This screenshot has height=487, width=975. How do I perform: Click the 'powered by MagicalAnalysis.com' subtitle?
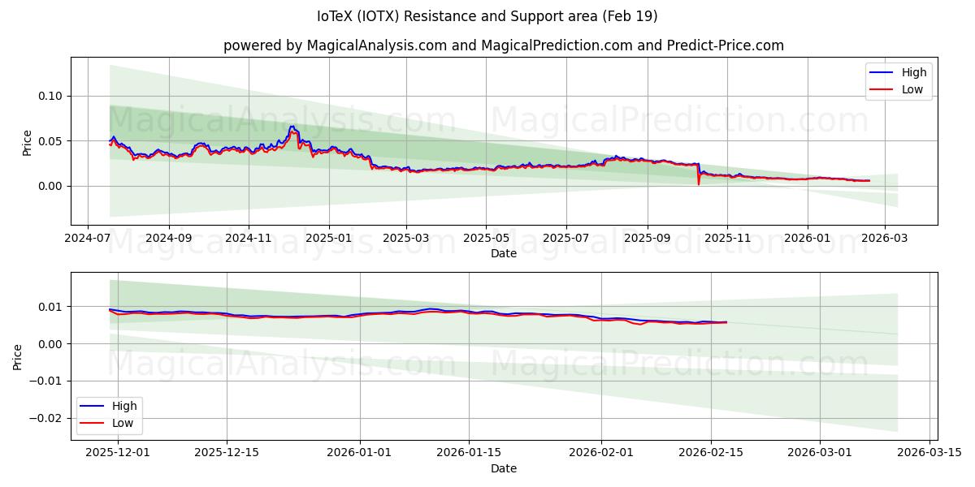504,45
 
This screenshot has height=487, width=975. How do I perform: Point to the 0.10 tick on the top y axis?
50,96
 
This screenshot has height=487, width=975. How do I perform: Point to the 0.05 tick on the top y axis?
50,141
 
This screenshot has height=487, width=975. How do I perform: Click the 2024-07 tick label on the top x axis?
88,239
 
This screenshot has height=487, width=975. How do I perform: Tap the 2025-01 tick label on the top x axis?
329,239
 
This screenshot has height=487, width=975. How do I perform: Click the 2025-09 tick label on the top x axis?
648,239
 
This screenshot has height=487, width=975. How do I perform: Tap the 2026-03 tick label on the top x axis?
885,239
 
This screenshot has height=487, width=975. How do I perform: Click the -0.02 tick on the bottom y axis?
47,418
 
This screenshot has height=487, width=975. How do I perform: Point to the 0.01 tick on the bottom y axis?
50,307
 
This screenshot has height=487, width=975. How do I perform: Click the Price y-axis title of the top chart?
27,141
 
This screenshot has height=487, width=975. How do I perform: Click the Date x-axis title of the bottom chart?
504,468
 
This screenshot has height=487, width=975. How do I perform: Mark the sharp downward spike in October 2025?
698,183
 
